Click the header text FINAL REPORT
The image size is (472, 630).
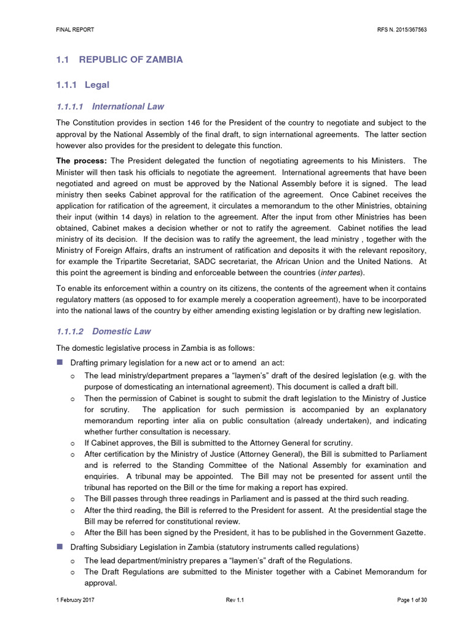pyautogui.click(x=72, y=30)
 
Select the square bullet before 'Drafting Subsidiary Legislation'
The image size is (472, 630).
pyautogui.click(x=60, y=546)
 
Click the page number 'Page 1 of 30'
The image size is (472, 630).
pyautogui.click(x=407, y=599)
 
